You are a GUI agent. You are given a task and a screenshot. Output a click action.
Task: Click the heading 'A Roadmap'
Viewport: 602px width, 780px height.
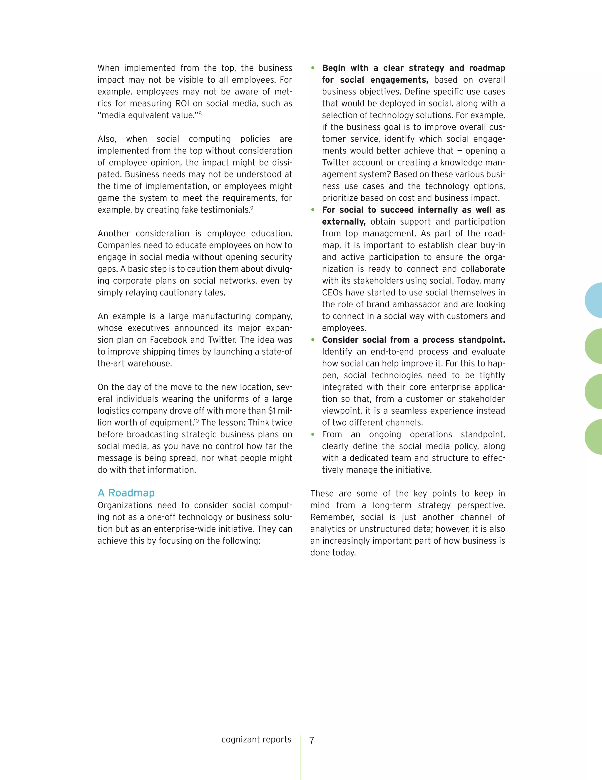[x=126, y=493]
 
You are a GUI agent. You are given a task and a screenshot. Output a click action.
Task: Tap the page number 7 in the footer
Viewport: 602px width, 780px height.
[x=312, y=740]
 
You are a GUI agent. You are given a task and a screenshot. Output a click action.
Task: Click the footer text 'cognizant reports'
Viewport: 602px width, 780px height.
[x=256, y=739]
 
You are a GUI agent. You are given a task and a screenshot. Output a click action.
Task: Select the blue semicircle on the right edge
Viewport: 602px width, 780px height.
[x=594, y=300]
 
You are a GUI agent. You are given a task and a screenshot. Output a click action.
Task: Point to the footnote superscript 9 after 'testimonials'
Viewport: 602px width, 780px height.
[x=252, y=208]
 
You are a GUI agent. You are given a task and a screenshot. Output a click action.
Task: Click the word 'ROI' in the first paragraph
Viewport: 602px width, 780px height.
[x=182, y=104]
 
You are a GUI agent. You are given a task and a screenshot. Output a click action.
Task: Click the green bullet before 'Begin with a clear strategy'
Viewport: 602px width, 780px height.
[x=313, y=68]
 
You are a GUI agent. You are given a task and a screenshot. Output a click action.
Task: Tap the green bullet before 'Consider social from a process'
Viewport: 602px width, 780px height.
[x=313, y=340]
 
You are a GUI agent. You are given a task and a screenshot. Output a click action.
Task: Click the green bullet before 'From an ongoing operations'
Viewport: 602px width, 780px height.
[x=313, y=434]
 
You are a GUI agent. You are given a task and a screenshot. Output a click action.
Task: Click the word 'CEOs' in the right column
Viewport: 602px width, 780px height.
[x=332, y=293]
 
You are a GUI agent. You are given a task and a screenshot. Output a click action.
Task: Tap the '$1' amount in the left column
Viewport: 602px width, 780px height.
[x=273, y=411]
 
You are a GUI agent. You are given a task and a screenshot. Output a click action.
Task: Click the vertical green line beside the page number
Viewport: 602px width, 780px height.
[x=301, y=757]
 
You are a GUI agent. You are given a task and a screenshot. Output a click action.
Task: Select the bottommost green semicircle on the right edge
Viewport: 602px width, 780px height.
[x=594, y=437]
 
